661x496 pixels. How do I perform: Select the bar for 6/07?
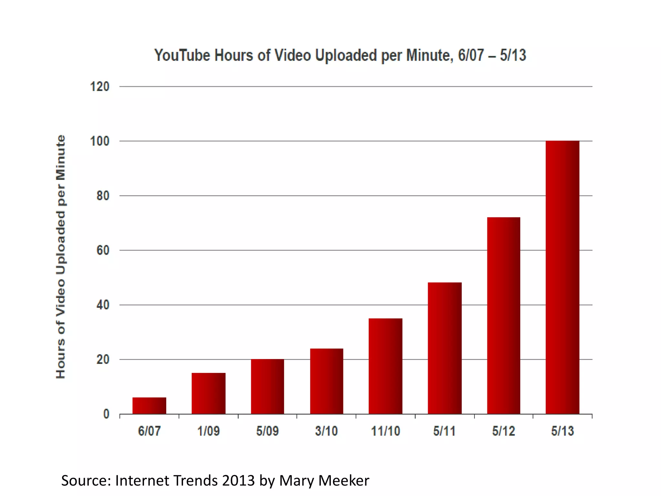coord(149,406)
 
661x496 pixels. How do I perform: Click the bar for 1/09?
coord(208,393)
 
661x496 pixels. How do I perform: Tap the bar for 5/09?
coord(268,387)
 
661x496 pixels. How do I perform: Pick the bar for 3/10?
coord(327,381)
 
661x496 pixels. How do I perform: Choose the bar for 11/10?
coord(385,366)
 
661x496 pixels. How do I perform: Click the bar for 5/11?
coord(445,348)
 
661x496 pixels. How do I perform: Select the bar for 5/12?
coord(503,315)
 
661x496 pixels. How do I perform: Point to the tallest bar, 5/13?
coord(563,277)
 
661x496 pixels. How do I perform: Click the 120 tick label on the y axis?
coord(100,87)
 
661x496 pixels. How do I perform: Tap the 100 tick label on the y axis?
coord(100,141)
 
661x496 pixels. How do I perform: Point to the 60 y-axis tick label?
coord(103,250)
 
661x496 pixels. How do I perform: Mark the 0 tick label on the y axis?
coord(106,414)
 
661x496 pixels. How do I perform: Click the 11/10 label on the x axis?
coord(385,431)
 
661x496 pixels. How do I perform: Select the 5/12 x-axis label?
coord(503,431)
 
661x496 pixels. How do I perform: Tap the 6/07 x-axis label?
coord(149,431)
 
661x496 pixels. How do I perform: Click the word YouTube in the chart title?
coord(182,55)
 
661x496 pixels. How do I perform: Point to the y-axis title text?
coord(61,257)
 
